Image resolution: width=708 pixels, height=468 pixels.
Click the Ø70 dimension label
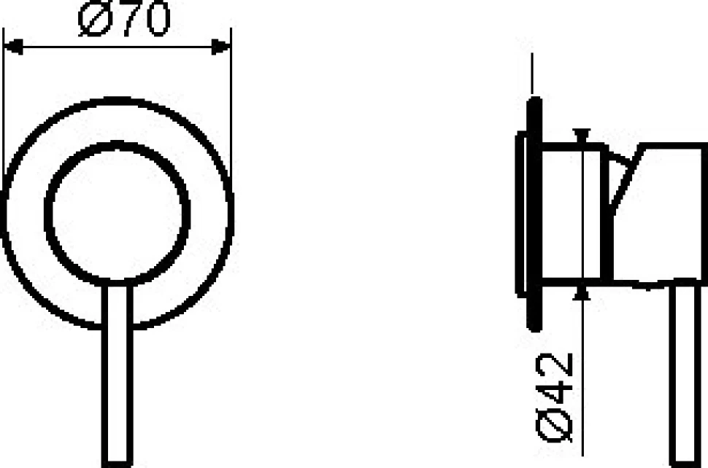(x=124, y=19)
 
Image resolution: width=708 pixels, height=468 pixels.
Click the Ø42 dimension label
(x=555, y=397)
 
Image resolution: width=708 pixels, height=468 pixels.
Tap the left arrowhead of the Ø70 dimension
(x=13, y=47)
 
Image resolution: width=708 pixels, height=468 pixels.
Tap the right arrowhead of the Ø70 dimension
(x=221, y=47)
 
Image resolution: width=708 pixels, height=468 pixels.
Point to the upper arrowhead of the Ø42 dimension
(x=582, y=134)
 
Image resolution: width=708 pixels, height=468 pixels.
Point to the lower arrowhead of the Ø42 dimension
(x=582, y=294)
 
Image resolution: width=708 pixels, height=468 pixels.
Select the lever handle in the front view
(x=118, y=374)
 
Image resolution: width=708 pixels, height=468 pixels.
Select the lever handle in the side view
(x=685, y=374)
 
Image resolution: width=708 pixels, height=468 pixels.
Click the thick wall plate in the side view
(x=534, y=214)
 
